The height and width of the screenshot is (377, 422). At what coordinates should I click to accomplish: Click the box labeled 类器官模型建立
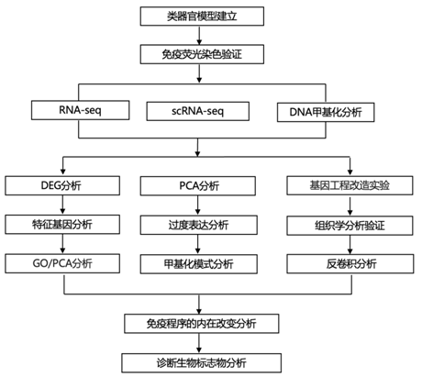tap(202, 17)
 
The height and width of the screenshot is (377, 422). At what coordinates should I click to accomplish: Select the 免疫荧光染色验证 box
tap(202, 54)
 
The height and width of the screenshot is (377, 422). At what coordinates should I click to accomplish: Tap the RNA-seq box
tap(80, 110)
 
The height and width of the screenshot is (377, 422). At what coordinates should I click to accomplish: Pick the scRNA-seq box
tap(197, 111)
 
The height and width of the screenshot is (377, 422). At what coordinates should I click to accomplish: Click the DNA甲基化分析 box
tap(326, 112)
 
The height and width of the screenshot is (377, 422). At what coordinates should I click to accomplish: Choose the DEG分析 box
tap(62, 185)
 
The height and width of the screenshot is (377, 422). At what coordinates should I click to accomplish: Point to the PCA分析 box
tap(198, 186)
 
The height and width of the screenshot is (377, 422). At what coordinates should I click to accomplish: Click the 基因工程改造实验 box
tap(350, 185)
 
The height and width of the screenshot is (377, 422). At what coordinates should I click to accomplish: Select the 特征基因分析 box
tap(62, 225)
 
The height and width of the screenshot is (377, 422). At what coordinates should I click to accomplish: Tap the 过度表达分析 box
tap(199, 225)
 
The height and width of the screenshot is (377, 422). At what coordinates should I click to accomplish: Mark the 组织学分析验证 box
tap(350, 226)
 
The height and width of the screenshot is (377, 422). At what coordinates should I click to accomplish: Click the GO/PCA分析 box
tap(62, 263)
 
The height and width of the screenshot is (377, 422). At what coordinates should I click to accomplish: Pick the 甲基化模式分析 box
tap(199, 264)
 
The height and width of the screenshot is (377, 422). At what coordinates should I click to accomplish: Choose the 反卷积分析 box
tap(350, 263)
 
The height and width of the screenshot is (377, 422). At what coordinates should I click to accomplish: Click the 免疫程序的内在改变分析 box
tap(202, 324)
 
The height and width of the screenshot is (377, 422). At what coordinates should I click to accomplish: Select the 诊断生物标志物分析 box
tap(202, 363)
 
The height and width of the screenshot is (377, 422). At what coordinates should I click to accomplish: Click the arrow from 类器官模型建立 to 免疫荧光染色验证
tap(199, 36)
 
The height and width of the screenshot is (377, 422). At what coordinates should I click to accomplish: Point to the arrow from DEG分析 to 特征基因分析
tap(62, 205)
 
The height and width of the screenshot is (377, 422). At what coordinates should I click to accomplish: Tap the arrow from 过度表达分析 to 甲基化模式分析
tap(198, 244)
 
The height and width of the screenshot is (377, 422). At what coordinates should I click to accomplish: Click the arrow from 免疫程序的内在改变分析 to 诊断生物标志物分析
tap(199, 343)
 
